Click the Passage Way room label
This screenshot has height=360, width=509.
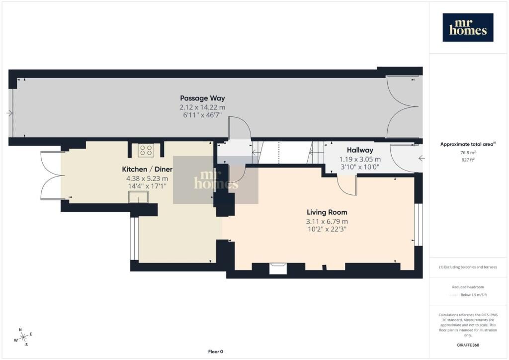click(202, 98)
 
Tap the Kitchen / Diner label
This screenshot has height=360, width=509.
click(147, 169)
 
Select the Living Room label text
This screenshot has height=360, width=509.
click(327, 212)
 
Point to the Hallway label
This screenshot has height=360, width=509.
click(360, 150)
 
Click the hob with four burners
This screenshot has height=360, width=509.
click(146, 150)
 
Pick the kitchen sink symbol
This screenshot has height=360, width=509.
click(138, 197)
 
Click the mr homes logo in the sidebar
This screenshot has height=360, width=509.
click(468, 27)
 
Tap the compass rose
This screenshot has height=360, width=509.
click(23, 338)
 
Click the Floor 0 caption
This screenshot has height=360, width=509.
click(216, 352)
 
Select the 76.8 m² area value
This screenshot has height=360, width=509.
click(468, 153)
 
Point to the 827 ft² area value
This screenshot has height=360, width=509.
click(468, 160)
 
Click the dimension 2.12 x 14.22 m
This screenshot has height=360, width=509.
click(202, 107)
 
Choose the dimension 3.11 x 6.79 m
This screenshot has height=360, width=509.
click(327, 221)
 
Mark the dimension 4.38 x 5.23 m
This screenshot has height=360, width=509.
click(147, 179)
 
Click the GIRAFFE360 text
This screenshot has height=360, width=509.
click(468, 345)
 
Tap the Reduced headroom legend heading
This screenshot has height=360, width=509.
click(468, 287)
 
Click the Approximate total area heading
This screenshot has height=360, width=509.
click(468, 144)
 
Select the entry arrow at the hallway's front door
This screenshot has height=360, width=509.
click(422, 159)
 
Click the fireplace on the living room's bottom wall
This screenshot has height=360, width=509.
click(278, 269)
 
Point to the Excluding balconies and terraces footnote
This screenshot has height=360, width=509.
click(468, 267)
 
